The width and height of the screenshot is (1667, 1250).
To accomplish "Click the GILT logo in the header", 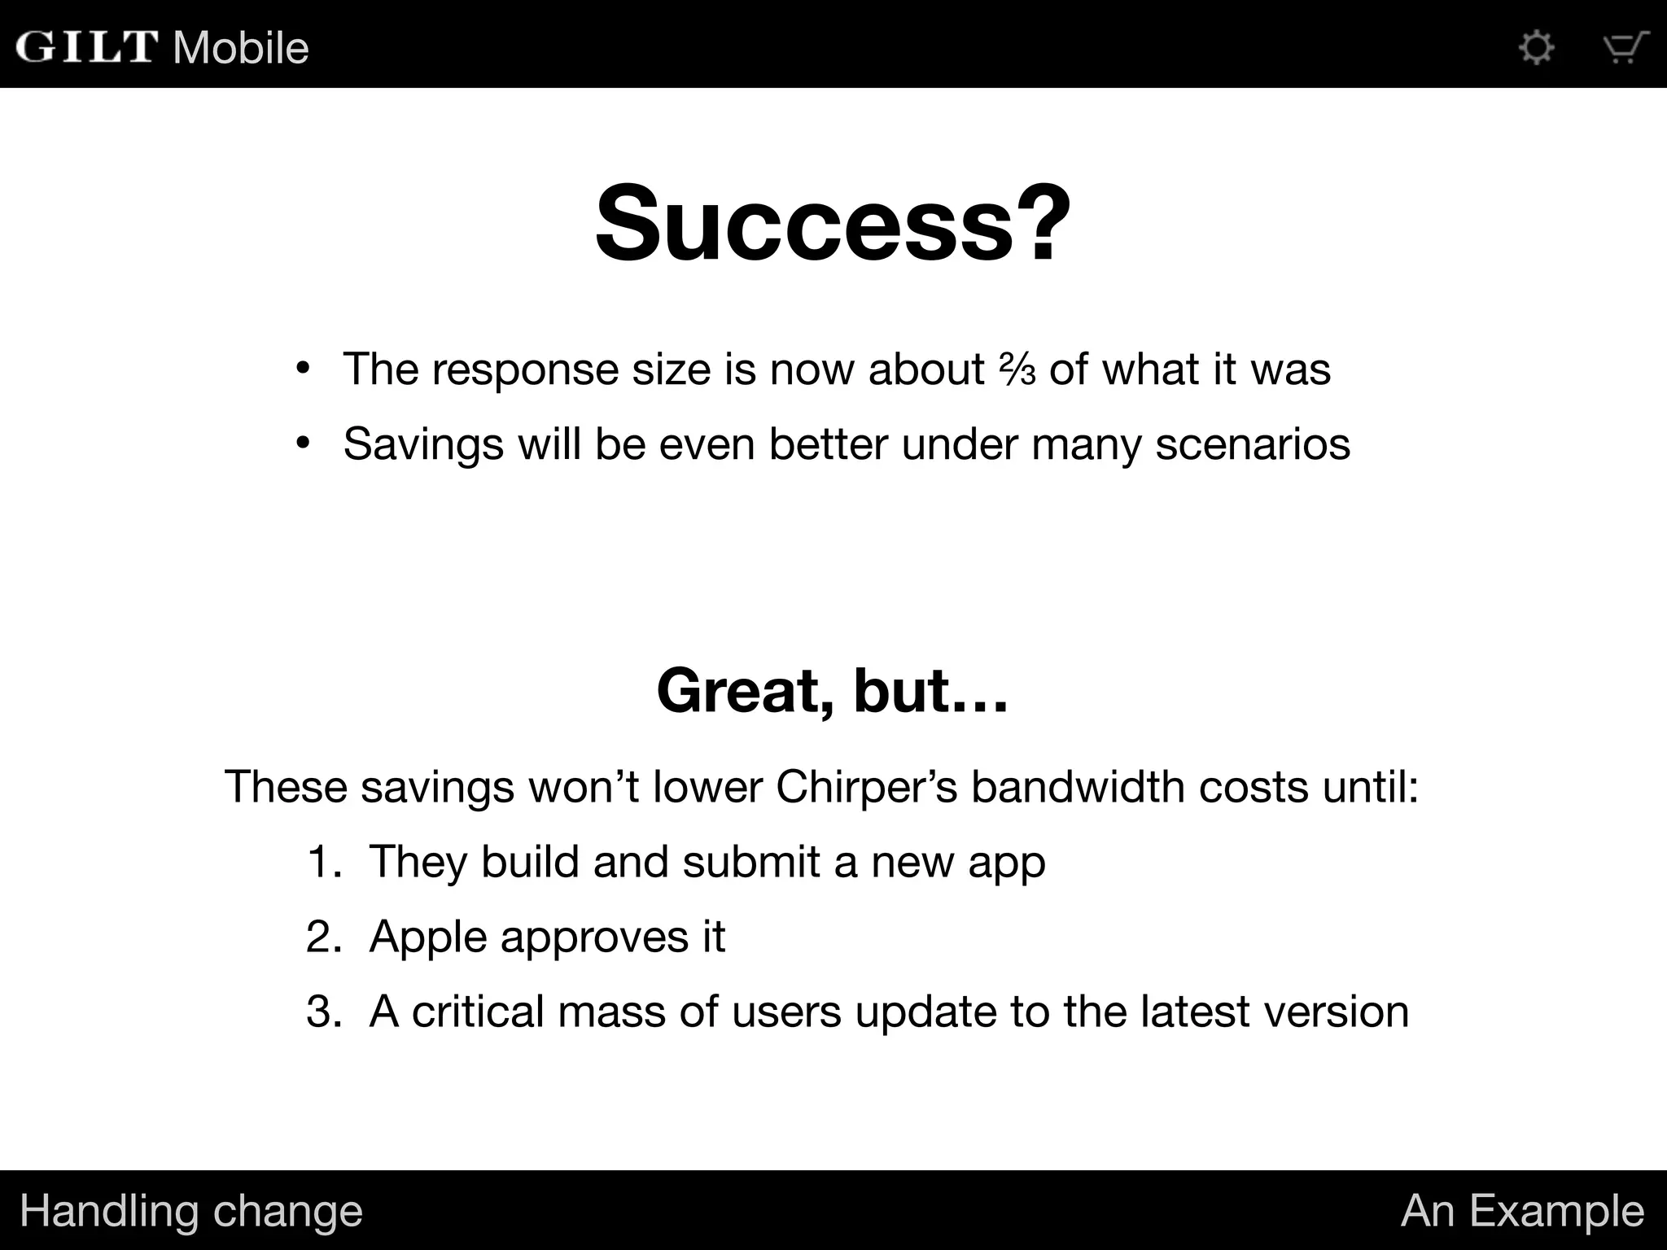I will coord(86,46).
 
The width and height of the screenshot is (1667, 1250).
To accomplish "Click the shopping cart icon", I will coord(1625,47).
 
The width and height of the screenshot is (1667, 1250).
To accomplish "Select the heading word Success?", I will coord(833,223).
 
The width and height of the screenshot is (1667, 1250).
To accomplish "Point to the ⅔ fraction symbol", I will coord(1017,370).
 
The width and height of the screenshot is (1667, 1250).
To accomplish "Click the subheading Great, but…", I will coord(833,690).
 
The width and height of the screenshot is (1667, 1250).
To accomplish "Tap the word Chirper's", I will coord(867,787).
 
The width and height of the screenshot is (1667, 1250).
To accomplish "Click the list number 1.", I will coord(323,862).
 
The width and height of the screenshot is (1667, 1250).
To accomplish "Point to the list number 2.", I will coord(323,937).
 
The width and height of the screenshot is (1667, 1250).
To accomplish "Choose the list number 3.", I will coord(323,1012).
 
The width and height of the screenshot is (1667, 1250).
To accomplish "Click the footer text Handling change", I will coord(191,1210).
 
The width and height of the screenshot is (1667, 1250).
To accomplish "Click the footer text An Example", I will coord(1522,1210).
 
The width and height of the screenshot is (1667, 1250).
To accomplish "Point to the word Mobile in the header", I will coord(241,47).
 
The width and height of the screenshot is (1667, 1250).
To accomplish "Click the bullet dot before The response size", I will coord(303,369).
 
